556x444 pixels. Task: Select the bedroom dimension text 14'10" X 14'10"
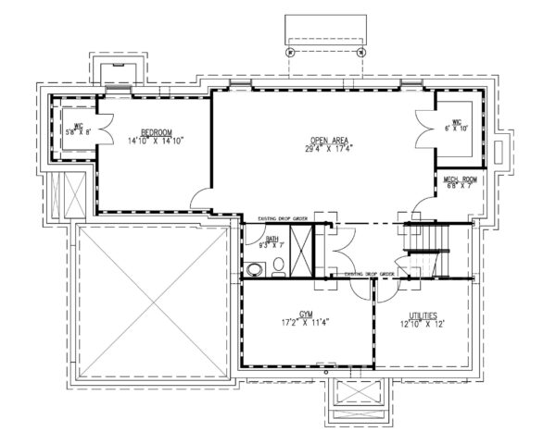[x=158, y=141]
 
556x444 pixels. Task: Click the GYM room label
[x=307, y=314]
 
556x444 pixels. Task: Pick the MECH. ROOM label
[x=460, y=178]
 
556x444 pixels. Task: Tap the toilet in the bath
[x=278, y=267]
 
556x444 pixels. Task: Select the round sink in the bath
[x=255, y=270]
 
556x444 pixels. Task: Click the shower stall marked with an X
[x=302, y=249]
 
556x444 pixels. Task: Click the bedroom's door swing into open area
[x=199, y=196]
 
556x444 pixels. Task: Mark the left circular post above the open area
[x=291, y=52]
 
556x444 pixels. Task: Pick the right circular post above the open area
[x=360, y=52]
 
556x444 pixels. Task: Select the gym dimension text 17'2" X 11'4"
[x=307, y=322]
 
